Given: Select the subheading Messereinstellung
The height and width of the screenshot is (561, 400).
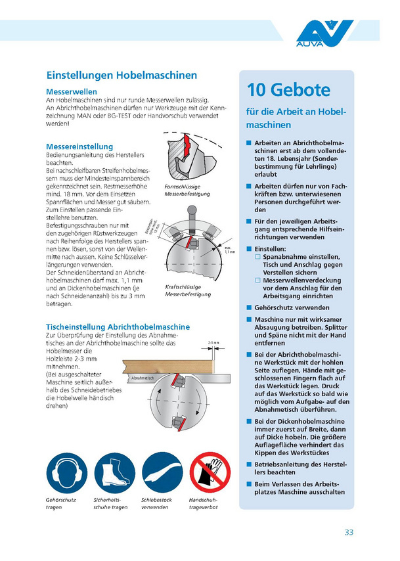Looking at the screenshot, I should (79, 146).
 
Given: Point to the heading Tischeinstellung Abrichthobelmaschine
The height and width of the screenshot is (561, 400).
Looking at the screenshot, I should (118, 326).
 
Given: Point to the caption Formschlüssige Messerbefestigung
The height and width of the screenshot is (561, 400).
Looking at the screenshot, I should (183, 191).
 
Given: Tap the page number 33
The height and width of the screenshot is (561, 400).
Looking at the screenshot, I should (349, 532).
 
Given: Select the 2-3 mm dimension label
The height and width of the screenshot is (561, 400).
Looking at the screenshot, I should (213, 342).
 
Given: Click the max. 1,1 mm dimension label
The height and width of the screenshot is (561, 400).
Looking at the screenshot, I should (230, 249).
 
